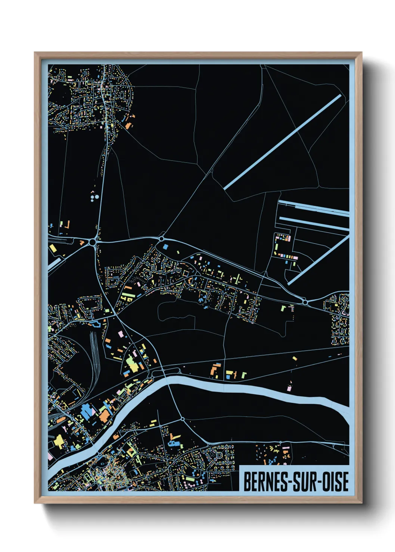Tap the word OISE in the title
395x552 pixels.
point(335,482)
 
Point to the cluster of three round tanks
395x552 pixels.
point(94,197)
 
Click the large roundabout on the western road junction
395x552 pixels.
point(92,242)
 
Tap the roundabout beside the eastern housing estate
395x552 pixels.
point(305,302)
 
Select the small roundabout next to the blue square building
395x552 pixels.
point(162,238)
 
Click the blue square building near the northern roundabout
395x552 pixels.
point(165,247)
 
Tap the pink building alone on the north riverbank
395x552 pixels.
point(289,388)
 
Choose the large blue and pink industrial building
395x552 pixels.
point(88,411)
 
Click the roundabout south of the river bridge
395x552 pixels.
point(183,419)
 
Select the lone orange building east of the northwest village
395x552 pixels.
point(128,126)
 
